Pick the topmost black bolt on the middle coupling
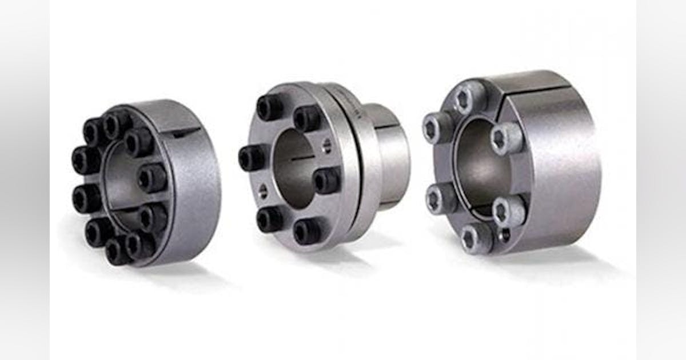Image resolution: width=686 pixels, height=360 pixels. pyautogui.click(x=270, y=107)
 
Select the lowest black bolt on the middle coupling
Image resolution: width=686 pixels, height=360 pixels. pyautogui.click(x=306, y=231)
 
